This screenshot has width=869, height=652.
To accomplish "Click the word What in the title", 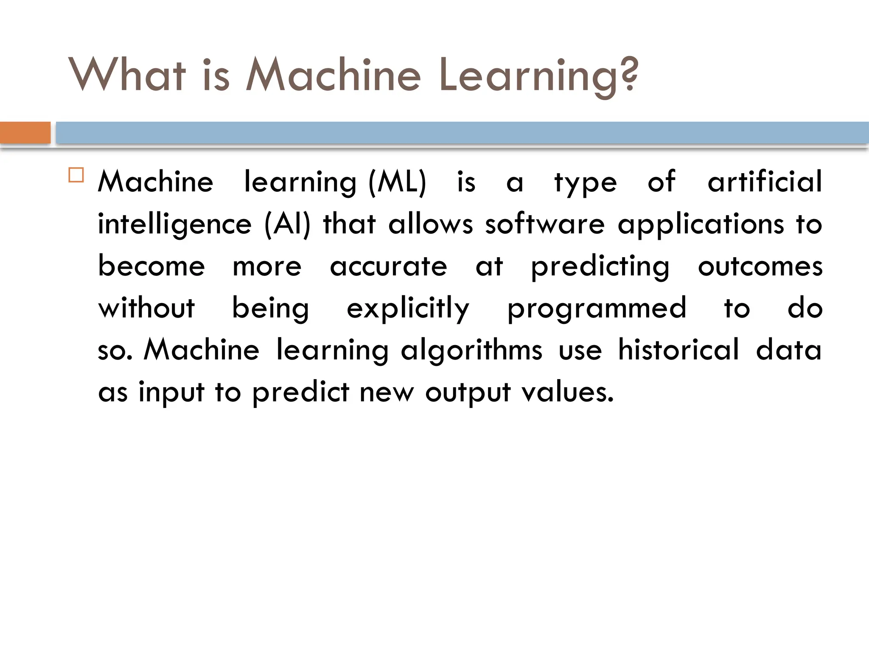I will pos(127,75).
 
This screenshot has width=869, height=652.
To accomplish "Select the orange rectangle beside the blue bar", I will pos(25,133).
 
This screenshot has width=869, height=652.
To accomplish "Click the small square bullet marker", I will pos(76,175).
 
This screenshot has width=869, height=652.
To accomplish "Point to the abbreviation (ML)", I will pos(397,183).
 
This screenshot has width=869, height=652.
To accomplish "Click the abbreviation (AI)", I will pos(287,224).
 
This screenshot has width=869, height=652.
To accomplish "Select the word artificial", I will pos(765,182).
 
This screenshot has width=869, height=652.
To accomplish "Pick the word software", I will pos(545,224).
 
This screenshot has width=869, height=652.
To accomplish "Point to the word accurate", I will pos(388,267).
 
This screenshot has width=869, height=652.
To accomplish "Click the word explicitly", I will pos(408,309).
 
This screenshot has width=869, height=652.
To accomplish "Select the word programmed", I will pos(597,309).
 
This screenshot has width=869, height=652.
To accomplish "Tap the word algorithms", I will pos(471,351).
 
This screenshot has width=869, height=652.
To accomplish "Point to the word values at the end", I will pos(567,392).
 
